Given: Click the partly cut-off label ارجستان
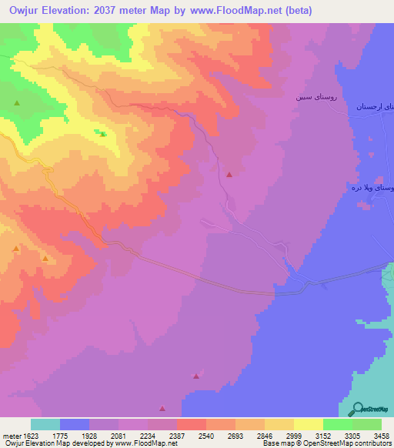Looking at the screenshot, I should pos(374,107).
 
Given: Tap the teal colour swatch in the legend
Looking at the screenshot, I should pos(45,424).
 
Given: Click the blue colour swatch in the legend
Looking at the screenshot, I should pos(75,424).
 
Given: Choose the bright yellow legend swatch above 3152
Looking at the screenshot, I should pos(309,424).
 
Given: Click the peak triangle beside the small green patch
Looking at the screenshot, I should pos(103,134).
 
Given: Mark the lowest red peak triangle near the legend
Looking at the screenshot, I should pos(162,409).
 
